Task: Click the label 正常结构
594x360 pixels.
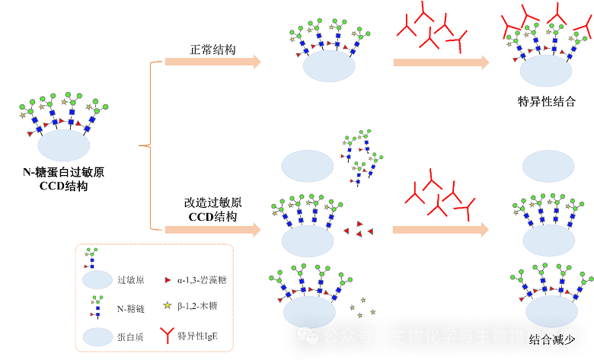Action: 212,49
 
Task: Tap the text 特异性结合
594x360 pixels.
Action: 546,101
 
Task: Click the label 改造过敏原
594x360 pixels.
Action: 212,203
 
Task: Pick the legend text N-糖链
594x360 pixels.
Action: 131,308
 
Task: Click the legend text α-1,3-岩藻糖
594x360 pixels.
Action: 201,279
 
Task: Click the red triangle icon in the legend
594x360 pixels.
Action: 166,279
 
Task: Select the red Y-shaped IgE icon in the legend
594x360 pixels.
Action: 166,334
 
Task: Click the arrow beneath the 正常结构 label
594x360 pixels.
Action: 213,62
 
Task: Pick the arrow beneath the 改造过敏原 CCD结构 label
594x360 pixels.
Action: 213,228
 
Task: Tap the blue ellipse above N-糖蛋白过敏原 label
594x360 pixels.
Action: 64,144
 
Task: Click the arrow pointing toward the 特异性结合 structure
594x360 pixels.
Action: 441,62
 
